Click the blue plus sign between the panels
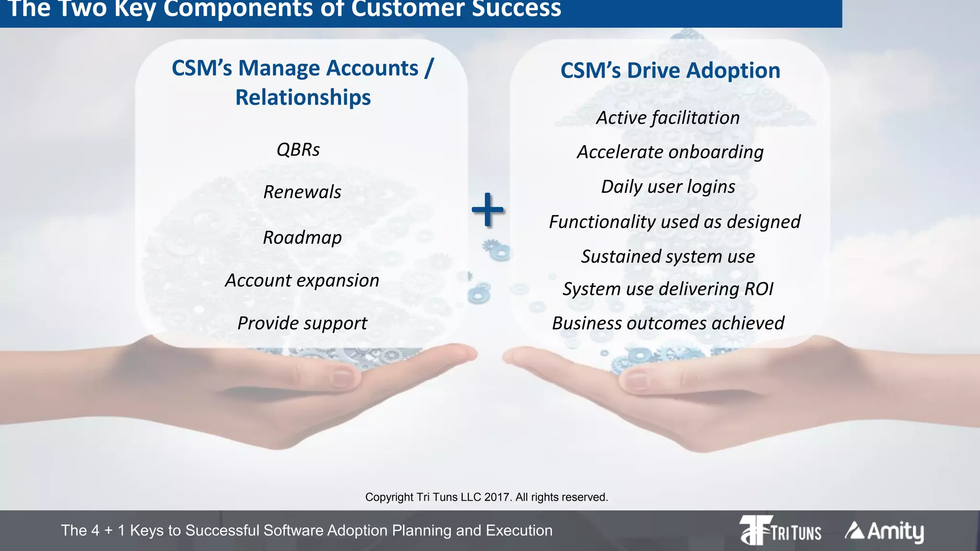(487, 209)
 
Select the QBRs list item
(298, 150)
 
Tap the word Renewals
(302, 192)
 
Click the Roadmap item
(302, 237)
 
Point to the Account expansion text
(302, 280)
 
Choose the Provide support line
(302, 323)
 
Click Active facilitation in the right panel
(668, 118)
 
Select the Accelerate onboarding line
(670, 152)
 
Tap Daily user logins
(668, 187)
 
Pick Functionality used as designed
(674, 222)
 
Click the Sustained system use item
(668, 257)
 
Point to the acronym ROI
(759, 289)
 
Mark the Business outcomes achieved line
(668, 323)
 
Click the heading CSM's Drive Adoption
(670, 70)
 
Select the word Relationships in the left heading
(303, 98)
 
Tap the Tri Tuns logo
(780, 530)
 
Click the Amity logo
(884, 531)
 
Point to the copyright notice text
(487, 497)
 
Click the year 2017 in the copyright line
(497, 497)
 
